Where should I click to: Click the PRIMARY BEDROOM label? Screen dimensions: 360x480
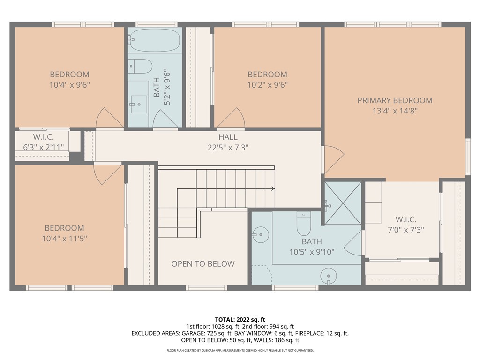(395, 100)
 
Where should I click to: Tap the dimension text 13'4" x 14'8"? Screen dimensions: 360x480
(395, 111)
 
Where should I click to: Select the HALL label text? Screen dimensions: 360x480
(228, 137)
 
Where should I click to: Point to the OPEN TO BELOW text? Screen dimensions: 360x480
(203, 264)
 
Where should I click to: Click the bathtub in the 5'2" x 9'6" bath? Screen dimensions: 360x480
(155, 41)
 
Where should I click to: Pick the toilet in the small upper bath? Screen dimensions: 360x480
(140, 66)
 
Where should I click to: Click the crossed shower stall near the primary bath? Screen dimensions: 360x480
(343, 202)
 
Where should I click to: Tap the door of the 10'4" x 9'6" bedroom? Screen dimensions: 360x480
(109, 118)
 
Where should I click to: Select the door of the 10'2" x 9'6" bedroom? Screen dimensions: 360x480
(231, 118)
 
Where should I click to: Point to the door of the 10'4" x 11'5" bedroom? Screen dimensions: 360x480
(108, 173)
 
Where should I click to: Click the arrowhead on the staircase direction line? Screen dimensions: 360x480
(272, 189)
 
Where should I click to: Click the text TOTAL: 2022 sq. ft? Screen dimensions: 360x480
(240, 320)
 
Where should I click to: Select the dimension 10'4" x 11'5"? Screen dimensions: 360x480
(64, 239)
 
